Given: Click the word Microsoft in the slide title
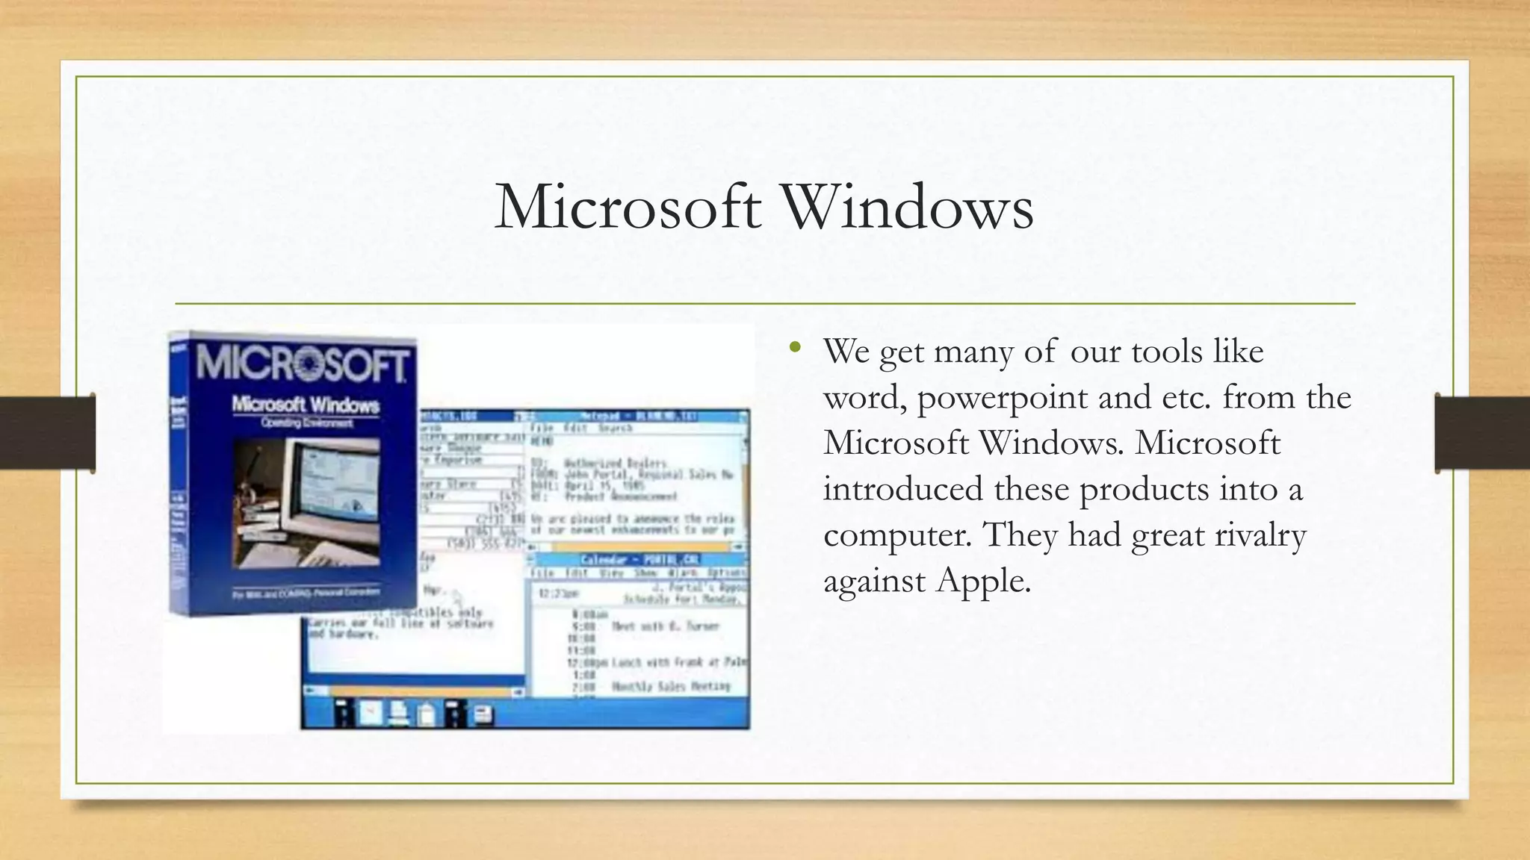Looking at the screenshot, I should (x=628, y=207).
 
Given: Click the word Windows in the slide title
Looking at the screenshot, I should (x=907, y=207).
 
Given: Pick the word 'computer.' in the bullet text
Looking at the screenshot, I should (x=897, y=535).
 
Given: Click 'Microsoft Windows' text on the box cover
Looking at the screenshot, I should (x=306, y=405).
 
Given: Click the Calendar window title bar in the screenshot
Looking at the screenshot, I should (x=639, y=560).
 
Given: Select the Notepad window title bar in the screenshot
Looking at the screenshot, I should (x=639, y=416).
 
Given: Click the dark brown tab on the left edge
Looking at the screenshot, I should (x=47, y=433).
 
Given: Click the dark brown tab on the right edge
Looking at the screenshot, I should (x=1482, y=433).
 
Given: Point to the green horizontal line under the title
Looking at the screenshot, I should (x=765, y=304).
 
